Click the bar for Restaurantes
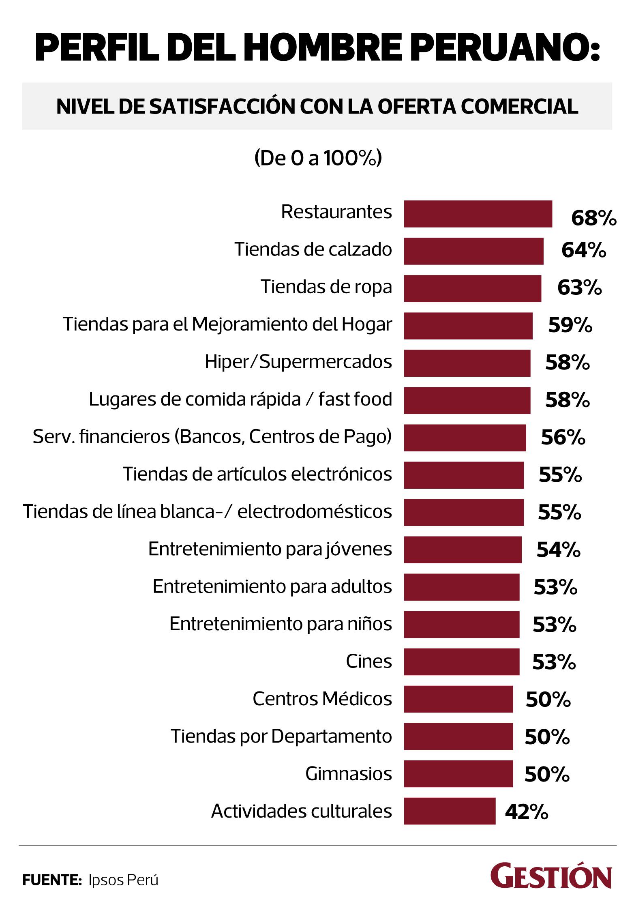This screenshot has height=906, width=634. [478, 214]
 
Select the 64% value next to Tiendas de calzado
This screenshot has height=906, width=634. [583, 251]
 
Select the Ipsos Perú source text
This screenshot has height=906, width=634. [123, 880]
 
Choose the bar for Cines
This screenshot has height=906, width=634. [461, 662]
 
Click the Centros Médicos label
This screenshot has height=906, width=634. [322, 699]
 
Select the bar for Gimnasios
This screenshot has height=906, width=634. [458, 774]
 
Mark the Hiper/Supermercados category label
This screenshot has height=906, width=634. [298, 362]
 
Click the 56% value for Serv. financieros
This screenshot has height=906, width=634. [563, 438]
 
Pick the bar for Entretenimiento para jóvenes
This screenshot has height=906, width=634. [463, 550]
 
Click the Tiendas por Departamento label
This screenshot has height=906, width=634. [281, 736]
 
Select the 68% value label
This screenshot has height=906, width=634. [593, 218]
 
